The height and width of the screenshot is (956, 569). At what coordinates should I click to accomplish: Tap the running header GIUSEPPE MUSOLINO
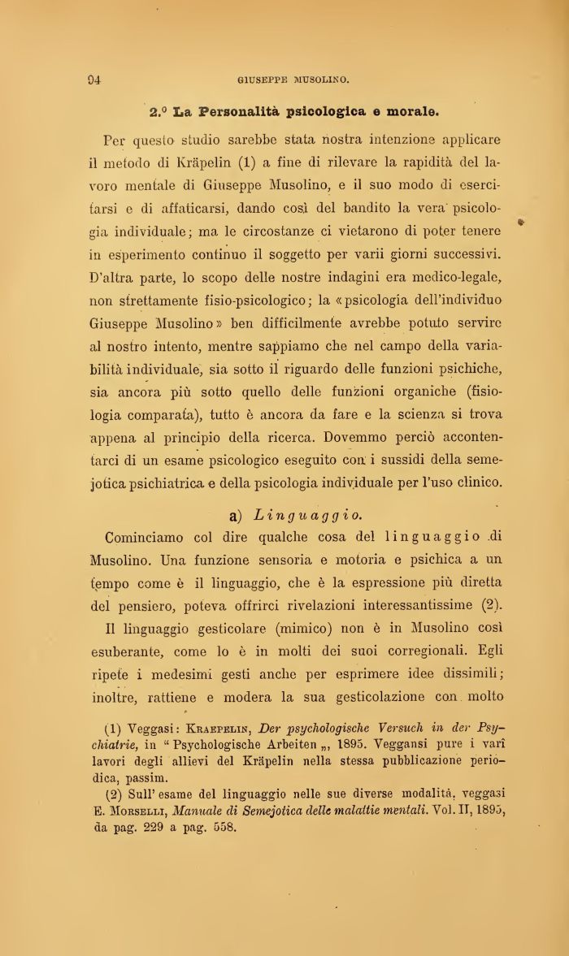click(293, 80)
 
